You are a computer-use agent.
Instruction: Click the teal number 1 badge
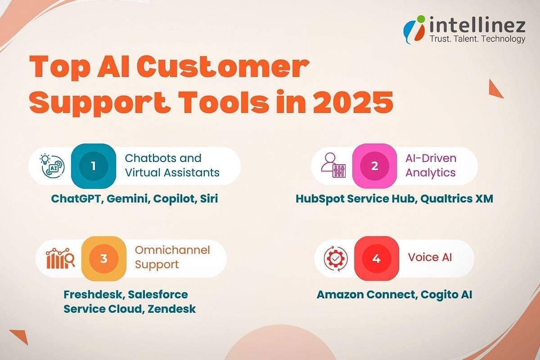click(x=93, y=166)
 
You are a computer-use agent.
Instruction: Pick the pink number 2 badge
click(x=374, y=166)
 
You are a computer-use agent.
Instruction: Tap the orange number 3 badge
click(x=103, y=259)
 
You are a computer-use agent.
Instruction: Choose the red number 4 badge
click(x=376, y=259)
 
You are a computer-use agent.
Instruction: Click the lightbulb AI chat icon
click(x=51, y=166)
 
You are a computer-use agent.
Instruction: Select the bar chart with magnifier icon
click(x=60, y=259)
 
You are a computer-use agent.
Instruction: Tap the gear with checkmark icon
click(x=336, y=259)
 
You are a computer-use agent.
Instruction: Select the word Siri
click(x=208, y=198)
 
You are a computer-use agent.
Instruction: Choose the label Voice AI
click(x=430, y=257)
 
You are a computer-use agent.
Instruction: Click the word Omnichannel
click(x=172, y=250)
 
